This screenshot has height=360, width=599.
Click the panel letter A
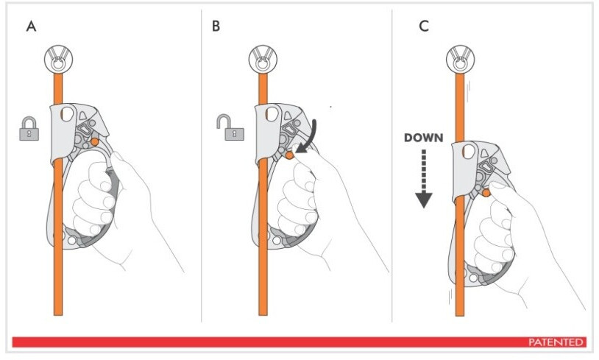[30, 27]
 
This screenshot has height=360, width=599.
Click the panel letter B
[216, 27]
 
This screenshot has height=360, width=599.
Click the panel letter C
[423, 27]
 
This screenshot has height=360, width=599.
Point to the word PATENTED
[556, 342]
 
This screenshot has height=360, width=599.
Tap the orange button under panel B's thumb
[291, 155]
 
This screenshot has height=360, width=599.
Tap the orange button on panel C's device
[486, 194]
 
